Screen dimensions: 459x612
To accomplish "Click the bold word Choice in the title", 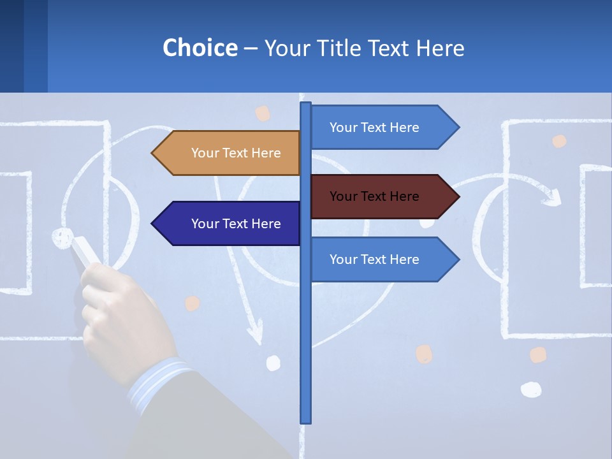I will coord(200,48).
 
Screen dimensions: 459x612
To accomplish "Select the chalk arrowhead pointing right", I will coord(552,197).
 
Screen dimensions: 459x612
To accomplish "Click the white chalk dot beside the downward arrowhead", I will coord(273,363).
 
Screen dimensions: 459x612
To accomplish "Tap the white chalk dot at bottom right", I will coord(530,389).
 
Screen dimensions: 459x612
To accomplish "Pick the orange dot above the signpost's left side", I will coord(263,113).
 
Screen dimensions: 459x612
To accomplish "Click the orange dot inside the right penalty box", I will coord(559,141).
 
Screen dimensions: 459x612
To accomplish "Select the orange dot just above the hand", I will coord(192,303).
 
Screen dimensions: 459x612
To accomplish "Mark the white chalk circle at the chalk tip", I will coord(62,237).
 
